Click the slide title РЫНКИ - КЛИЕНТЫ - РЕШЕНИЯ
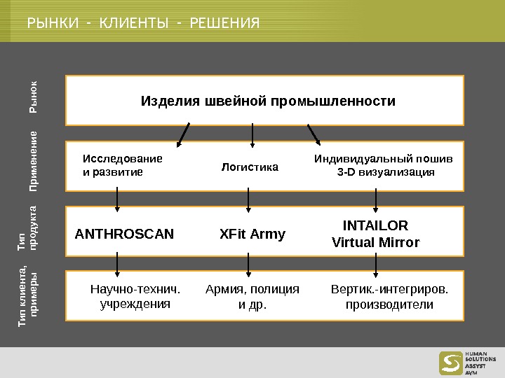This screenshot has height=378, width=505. [143, 25]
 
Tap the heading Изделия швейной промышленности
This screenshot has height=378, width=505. [269, 101]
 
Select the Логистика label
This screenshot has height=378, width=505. [250, 167]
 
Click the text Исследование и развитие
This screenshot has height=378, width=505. [122, 164]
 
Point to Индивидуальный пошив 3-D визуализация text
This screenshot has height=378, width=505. [383, 165]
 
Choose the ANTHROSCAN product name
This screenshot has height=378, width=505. [124, 234]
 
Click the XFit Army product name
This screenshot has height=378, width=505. [252, 234]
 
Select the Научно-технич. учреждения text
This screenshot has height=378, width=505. [135, 297]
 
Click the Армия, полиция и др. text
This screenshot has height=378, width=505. [252, 297]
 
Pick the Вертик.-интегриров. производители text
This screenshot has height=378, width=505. [389, 297]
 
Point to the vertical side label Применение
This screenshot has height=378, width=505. [33, 162]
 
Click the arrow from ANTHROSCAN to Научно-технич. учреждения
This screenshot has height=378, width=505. [117, 264]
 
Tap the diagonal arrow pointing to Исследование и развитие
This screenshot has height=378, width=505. [184, 135]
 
